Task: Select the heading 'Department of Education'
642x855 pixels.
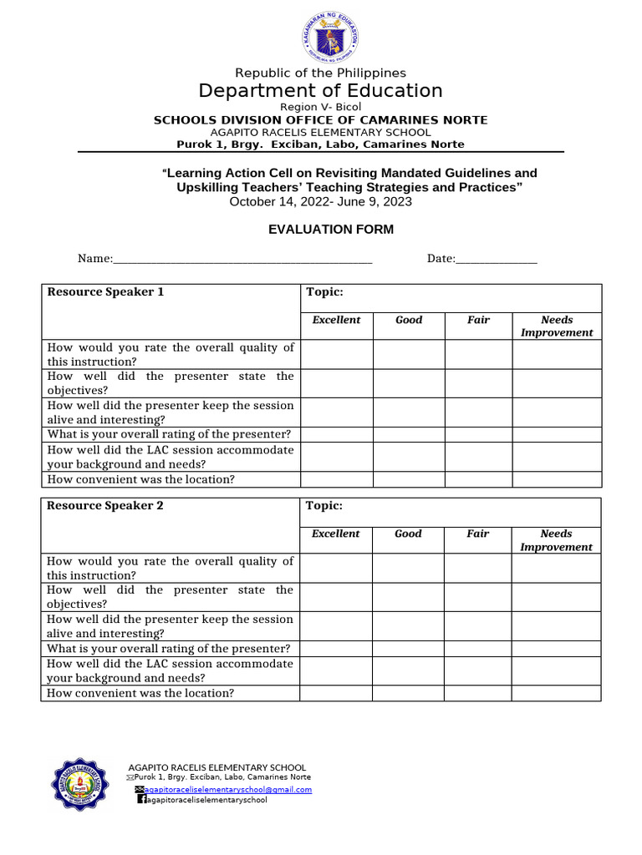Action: click(320, 90)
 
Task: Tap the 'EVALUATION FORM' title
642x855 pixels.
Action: click(330, 230)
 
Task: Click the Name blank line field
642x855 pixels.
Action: click(242, 260)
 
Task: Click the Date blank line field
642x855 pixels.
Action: click(497, 260)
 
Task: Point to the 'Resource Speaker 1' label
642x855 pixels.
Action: click(105, 292)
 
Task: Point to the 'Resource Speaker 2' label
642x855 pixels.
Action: click(105, 506)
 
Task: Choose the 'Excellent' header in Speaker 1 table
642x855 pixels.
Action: click(336, 320)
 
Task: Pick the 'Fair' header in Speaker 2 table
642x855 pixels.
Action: click(478, 534)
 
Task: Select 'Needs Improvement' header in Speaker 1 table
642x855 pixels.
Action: click(557, 326)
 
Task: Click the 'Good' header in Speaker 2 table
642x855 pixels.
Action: click(408, 534)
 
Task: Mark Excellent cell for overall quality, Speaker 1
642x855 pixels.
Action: click(336, 354)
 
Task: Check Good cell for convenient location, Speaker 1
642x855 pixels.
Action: click(408, 479)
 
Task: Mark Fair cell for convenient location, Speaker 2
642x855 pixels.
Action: click(478, 693)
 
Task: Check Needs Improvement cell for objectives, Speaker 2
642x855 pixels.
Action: click(557, 597)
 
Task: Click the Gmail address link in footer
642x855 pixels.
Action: click(228, 789)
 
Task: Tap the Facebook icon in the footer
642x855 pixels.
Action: click(141, 799)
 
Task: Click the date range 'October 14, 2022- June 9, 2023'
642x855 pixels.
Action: click(320, 201)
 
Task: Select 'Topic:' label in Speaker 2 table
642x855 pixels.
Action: click(324, 506)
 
